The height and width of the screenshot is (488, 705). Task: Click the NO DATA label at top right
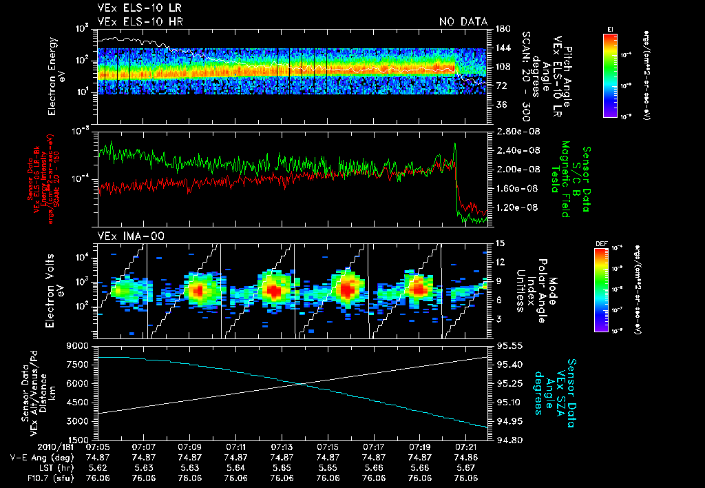click(463, 21)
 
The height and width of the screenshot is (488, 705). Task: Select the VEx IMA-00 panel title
click(122, 236)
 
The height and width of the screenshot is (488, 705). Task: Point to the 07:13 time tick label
click(282, 447)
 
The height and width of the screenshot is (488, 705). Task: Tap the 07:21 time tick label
click(466, 447)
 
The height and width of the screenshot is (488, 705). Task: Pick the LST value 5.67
click(466, 467)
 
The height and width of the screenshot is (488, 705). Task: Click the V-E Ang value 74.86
click(466, 457)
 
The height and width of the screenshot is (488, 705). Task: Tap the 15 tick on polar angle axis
click(498, 243)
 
